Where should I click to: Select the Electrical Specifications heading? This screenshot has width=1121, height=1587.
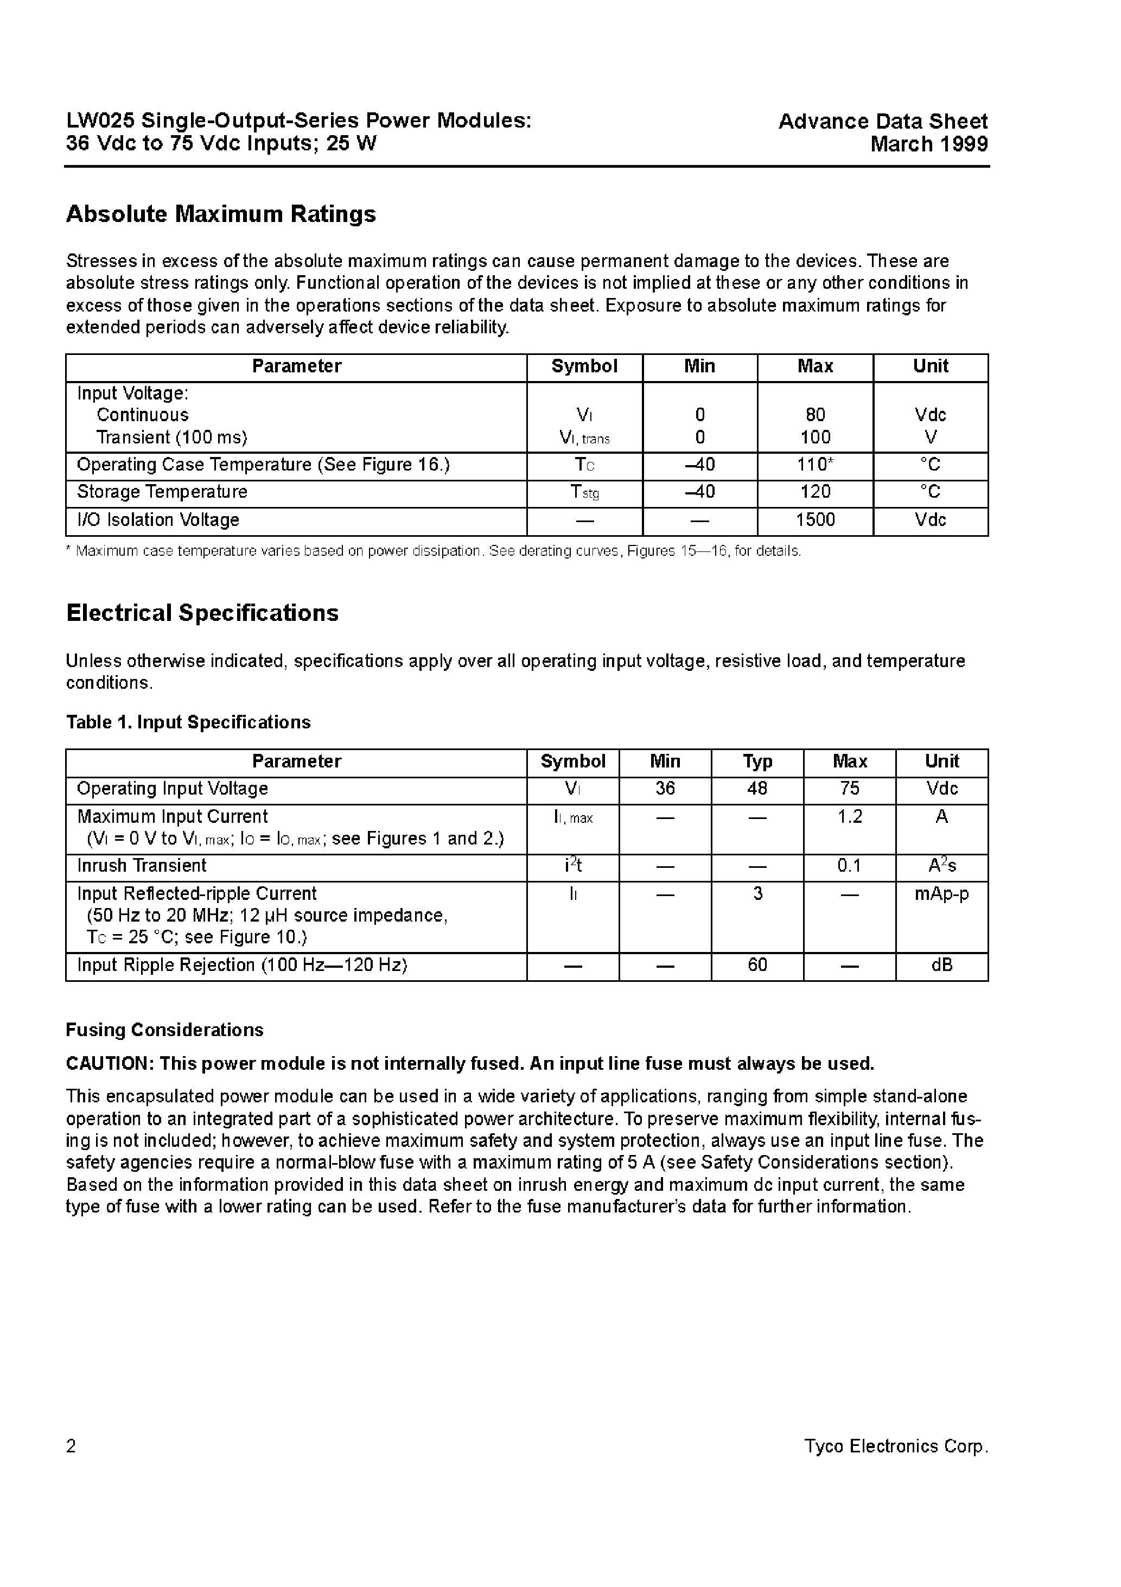click(x=202, y=613)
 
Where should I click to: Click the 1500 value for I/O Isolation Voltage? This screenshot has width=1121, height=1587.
click(x=815, y=520)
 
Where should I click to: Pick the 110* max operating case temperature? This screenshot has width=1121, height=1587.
click(x=815, y=465)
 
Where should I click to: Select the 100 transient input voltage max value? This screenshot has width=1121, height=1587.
click(x=815, y=437)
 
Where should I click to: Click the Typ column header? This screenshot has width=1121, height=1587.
click(x=757, y=761)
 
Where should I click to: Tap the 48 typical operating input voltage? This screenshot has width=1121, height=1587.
click(x=757, y=789)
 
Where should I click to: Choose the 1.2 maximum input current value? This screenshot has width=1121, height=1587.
click(x=849, y=817)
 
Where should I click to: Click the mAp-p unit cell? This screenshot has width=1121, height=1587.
click(x=941, y=894)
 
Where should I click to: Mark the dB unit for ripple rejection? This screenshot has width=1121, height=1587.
click(x=941, y=965)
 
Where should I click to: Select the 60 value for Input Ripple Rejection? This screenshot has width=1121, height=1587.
click(x=757, y=965)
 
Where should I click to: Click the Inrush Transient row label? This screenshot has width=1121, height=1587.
click(x=142, y=866)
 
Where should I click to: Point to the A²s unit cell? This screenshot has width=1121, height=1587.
click(x=941, y=866)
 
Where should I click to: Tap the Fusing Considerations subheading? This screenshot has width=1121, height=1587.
click(x=164, y=1030)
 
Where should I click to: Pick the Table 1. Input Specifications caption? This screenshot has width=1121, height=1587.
click(x=188, y=722)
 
